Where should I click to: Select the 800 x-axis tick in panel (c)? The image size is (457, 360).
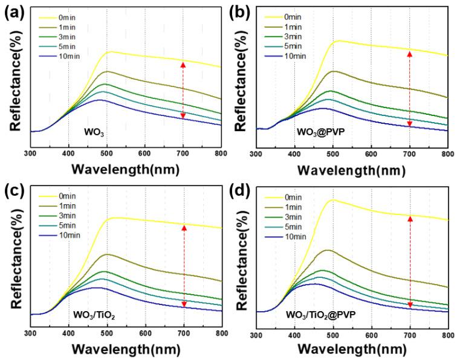click(x=221, y=333)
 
